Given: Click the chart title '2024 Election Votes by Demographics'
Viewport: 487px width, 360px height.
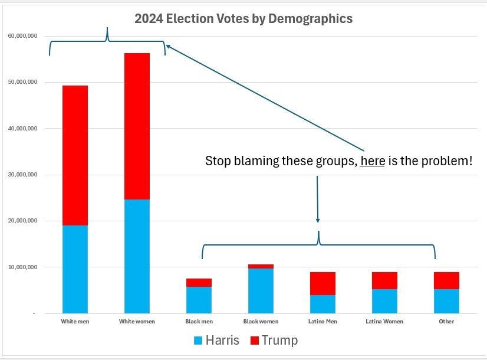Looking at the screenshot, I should pyautogui.click(x=243, y=19).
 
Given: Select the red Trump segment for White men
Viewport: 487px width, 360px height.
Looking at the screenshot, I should pyautogui.click(x=75, y=155).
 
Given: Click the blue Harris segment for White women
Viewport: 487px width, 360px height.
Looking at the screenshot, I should pyautogui.click(x=137, y=256).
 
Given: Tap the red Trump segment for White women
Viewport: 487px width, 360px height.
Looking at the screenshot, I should pyautogui.click(x=137, y=126).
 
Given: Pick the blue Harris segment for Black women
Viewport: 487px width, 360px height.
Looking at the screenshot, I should pyautogui.click(x=261, y=291).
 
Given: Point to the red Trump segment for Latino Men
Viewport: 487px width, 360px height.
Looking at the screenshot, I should pyautogui.click(x=323, y=283).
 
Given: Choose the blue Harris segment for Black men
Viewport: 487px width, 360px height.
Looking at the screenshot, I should pyautogui.click(x=199, y=300).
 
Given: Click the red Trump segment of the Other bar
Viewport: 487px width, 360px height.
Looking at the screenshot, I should pyautogui.click(x=446, y=280).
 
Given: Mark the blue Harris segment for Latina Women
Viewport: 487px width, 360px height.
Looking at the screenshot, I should pyautogui.click(x=384, y=301).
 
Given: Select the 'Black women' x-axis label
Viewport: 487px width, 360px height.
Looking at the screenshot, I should pyautogui.click(x=260, y=322).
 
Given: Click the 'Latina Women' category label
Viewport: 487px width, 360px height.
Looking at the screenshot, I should pyautogui.click(x=384, y=322).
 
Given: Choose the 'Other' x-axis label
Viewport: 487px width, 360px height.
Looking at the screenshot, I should pyautogui.click(x=446, y=322).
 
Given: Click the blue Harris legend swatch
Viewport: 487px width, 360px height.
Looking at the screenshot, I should pyautogui.click(x=198, y=341).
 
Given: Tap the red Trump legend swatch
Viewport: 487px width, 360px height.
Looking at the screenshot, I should pyautogui.click(x=255, y=341).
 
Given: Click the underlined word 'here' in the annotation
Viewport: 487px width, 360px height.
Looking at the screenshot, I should pyautogui.click(x=373, y=161).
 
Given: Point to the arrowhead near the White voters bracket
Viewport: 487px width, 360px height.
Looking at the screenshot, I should pyautogui.click(x=168, y=45).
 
